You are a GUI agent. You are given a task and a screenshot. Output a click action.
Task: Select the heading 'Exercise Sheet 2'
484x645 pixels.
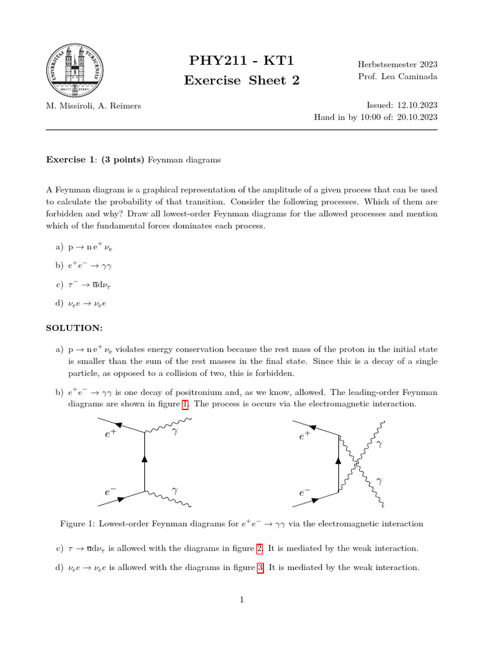click(241, 80)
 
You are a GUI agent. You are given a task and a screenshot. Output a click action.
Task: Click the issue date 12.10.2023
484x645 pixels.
click(417, 105)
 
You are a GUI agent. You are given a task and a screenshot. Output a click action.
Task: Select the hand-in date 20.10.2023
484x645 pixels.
click(417, 117)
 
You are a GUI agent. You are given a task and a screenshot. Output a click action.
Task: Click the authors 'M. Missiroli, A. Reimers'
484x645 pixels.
click(93, 105)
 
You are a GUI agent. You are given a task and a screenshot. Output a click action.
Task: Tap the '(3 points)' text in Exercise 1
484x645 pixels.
click(124, 160)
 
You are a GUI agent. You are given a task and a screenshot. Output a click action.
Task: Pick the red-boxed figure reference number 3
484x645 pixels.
click(260, 568)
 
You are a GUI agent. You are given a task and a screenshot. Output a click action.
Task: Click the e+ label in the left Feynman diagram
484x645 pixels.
click(110, 435)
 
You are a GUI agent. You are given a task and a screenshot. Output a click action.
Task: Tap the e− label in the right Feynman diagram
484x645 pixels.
click(304, 494)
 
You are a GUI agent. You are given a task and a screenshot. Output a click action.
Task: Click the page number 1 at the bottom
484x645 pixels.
click(241, 600)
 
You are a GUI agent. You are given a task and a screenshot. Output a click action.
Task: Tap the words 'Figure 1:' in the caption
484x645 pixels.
click(77, 523)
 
